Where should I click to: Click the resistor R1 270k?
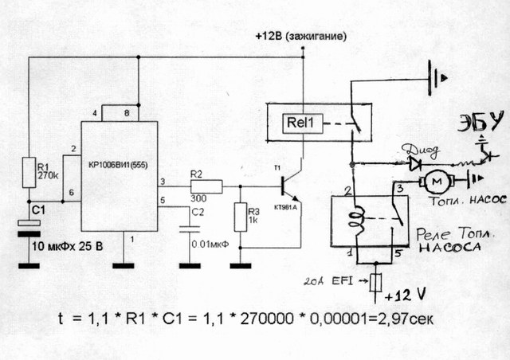(x=29, y=170)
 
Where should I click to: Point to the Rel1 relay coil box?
(x=300, y=123)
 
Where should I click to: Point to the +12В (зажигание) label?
(x=303, y=37)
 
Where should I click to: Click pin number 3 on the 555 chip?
(x=163, y=181)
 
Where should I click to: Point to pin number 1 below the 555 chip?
(x=133, y=237)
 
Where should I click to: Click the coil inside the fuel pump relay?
(x=358, y=221)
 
